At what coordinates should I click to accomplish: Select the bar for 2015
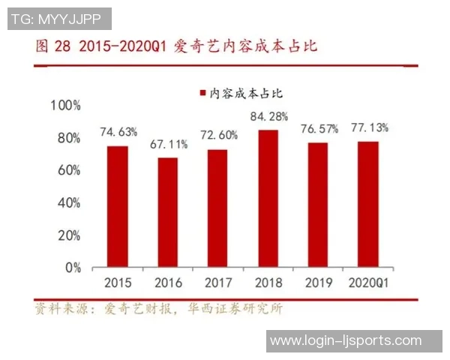pos(117,206)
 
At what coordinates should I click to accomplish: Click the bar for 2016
pos(168,212)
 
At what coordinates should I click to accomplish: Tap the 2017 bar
pos(217,208)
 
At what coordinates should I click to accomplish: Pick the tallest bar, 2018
pos(268,198)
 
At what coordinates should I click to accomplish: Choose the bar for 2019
pos(318,205)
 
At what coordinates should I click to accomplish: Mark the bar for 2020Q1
pos(367,204)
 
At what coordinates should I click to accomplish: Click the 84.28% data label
pos(268,117)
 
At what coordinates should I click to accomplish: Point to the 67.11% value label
pos(169,144)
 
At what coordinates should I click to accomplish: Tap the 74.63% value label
pos(118,132)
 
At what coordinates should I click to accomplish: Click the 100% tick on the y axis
pos(66,106)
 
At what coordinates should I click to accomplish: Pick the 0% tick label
pos(73,267)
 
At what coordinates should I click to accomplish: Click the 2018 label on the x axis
pos(268,283)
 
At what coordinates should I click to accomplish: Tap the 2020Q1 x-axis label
pos(368,283)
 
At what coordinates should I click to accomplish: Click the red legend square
pos(202,93)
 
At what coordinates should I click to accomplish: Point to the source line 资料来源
pos(61,308)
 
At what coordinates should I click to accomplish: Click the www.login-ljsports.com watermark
pos(346,341)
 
